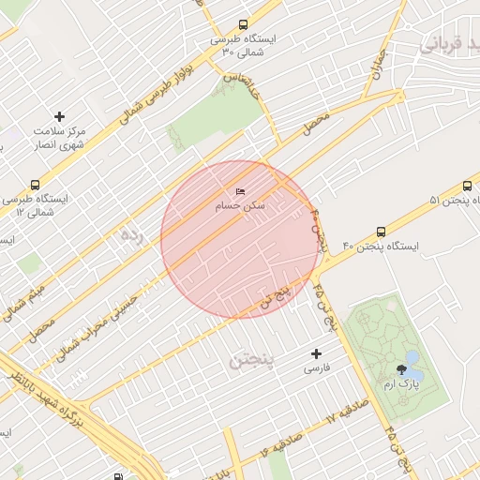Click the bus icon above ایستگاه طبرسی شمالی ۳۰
[x=244, y=25]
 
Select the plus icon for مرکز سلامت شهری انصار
[x=60, y=116]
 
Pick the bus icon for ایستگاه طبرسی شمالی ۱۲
[x=36, y=185]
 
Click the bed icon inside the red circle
[x=241, y=191]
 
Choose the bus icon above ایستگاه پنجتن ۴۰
[x=381, y=232]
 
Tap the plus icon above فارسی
[x=316, y=353]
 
